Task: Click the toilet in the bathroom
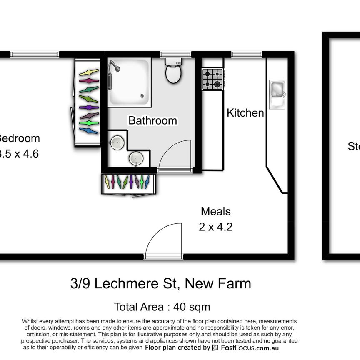point(173,72)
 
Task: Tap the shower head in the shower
point(114,66)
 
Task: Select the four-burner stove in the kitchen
point(212,79)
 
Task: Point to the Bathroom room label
point(152,121)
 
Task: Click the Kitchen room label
point(245,113)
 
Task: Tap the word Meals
point(215,211)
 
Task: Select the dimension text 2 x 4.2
point(215,227)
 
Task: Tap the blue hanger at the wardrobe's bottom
point(89,131)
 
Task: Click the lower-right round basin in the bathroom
point(135,158)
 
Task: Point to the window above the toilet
point(170,54)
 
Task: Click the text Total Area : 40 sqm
point(162,307)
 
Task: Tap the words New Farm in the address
point(218,284)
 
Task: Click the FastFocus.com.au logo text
point(249,348)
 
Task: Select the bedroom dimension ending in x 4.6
point(19,154)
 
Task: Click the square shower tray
point(129,82)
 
